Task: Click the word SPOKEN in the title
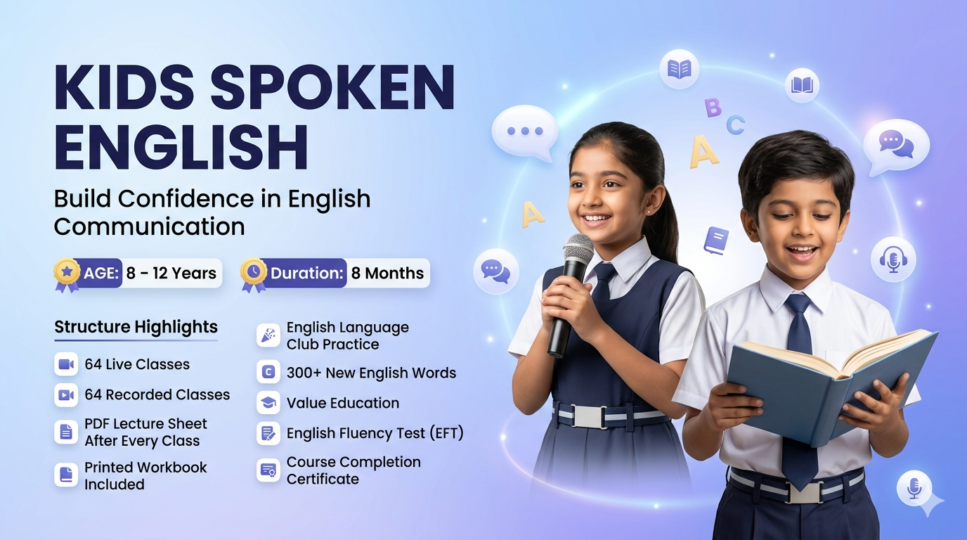coord(332,88)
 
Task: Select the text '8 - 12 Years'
coord(171,273)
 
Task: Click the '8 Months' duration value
coord(387,273)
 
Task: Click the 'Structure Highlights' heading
coord(136,327)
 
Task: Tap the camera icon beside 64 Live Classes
coord(66,364)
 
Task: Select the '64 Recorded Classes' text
coord(157,394)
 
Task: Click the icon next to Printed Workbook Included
coord(66,475)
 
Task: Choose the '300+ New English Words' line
coord(371,373)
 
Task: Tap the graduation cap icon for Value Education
coord(268,403)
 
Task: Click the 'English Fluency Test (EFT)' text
coord(375,433)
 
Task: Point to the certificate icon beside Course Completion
coord(268,470)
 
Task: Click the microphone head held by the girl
coord(578,250)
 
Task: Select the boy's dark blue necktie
coord(800,394)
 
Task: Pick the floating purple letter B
coord(713,108)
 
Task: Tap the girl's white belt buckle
coord(588,417)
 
